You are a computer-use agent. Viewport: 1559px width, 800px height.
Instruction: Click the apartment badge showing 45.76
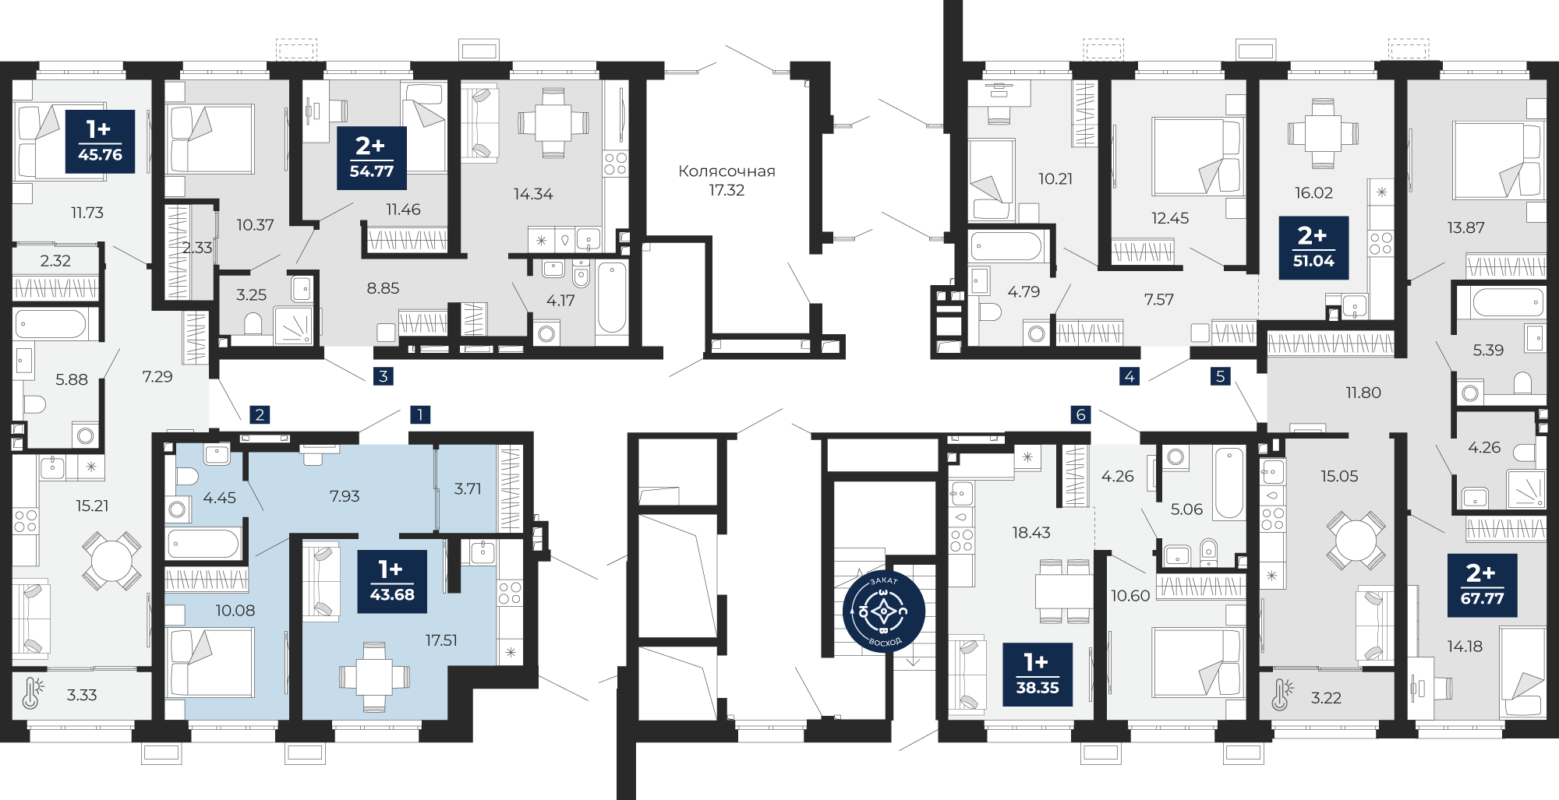[x=100, y=141]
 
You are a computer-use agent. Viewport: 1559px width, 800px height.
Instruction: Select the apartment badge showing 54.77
[x=372, y=158]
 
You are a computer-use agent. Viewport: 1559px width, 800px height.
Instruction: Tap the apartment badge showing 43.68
[x=392, y=582]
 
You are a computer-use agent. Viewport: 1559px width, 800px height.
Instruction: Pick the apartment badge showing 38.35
[x=1038, y=675]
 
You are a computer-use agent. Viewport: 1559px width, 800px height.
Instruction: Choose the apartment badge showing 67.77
[x=1482, y=585]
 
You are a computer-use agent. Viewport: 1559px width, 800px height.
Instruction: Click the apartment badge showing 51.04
[x=1313, y=248]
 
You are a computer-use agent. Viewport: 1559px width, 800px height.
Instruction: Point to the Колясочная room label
[x=726, y=171]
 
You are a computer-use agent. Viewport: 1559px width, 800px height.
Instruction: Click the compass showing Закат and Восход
[x=884, y=611]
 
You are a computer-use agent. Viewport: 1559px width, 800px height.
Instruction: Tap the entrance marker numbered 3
[x=383, y=376]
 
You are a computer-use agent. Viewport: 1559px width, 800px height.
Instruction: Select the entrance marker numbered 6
[x=1080, y=414]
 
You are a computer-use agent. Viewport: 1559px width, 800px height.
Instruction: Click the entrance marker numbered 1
[x=420, y=414]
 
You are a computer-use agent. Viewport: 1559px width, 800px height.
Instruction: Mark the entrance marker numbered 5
[x=1221, y=376]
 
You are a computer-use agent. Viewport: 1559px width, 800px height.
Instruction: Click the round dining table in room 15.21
[x=112, y=561]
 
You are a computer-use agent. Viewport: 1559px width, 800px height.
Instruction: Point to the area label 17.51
[x=441, y=640]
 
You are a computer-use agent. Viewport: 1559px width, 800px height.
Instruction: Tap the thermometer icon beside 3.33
[x=32, y=693]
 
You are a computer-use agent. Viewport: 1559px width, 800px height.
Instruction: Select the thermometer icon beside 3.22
[x=1281, y=695]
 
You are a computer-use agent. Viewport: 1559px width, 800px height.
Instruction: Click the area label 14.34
[x=533, y=194]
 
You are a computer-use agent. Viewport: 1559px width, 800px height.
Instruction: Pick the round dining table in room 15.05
[x=1356, y=540]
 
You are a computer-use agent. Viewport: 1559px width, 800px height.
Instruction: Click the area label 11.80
[x=1363, y=393]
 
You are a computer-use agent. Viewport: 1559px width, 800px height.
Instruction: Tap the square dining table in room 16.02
[x=1323, y=133]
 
